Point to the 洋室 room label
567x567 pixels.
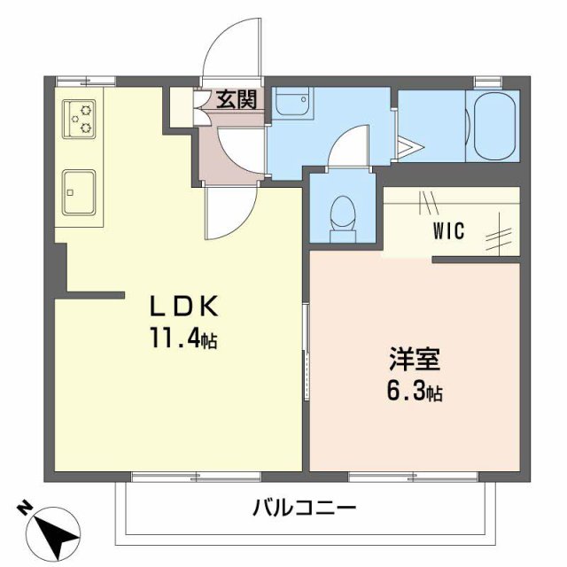[414, 360]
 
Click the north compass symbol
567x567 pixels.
[52, 532]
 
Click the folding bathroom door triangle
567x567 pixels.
[411, 147]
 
